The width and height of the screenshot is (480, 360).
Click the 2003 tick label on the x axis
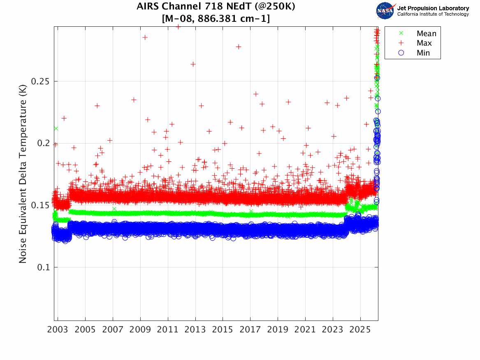pyautogui.click(x=58, y=330)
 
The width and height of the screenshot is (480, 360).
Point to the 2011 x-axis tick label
pyautogui.click(x=167, y=330)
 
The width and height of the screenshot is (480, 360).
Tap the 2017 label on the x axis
pyautogui.click(x=250, y=330)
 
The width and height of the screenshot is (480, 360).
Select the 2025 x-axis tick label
pyautogui.click(x=360, y=330)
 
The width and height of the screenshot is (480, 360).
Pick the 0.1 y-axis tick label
pyautogui.click(x=43, y=267)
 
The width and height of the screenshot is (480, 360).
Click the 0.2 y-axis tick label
pyautogui.click(x=43, y=143)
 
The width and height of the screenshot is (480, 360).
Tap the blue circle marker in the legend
pyautogui.click(x=401, y=53)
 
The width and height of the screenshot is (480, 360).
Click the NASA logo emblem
pyautogui.click(x=385, y=11)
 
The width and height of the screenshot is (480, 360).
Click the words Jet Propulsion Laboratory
pyautogui.click(x=433, y=8)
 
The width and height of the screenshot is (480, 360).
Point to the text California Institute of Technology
pyautogui.click(x=433, y=14)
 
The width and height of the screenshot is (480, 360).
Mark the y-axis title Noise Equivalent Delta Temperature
pyautogui.click(x=23, y=174)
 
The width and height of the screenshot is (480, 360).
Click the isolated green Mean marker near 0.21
pyautogui.click(x=56, y=128)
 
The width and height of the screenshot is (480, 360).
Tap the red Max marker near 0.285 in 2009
pyautogui.click(x=145, y=37)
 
